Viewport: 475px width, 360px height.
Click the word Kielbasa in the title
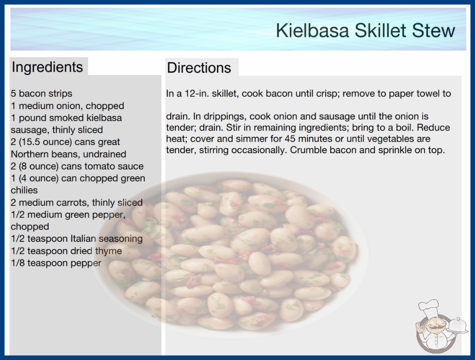(x=312, y=30)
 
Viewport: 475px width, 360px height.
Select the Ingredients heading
(x=47, y=67)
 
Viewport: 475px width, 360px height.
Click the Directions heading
(x=199, y=68)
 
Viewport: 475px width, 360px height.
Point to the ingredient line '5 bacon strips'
(x=41, y=94)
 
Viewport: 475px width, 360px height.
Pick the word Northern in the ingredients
(x=30, y=154)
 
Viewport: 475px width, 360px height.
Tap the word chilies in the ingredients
(x=24, y=190)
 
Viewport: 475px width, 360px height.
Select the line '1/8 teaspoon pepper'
(x=56, y=263)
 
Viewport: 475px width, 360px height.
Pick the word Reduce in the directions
(x=433, y=127)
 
